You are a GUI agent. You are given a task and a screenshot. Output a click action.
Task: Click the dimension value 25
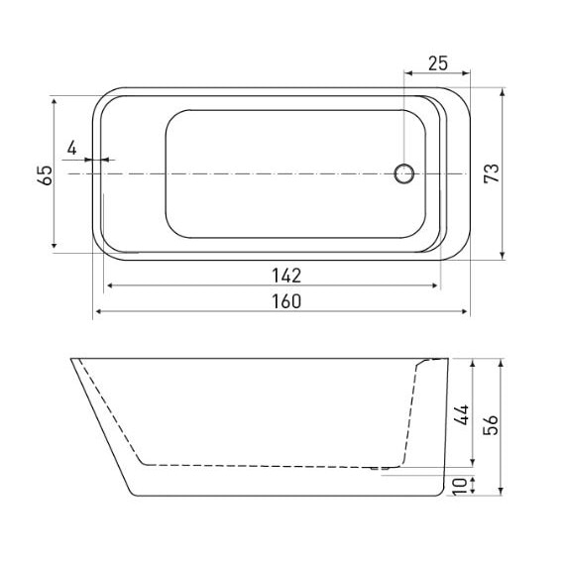[x=438, y=63]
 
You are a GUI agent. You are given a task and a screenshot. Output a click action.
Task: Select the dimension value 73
[x=491, y=173]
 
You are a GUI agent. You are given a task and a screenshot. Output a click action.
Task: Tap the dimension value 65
[x=45, y=174]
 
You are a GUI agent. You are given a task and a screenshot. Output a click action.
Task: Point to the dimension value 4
[x=71, y=148]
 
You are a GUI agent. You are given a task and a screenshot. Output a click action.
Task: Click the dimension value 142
[x=283, y=275]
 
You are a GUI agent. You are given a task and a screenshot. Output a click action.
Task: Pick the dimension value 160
[x=283, y=299]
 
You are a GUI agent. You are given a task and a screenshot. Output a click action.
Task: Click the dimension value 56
[x=491, y=423]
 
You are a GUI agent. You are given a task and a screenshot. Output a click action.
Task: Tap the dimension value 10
[x=460, y=485]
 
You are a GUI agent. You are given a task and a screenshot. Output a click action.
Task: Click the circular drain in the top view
[x=404, y=173]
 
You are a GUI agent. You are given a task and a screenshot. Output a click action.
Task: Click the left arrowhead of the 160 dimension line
[x=98, y=312]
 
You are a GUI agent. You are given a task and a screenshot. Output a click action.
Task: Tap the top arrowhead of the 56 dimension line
[x=506, y=358]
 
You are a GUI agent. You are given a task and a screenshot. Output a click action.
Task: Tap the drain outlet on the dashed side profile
[x=382, y=466]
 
